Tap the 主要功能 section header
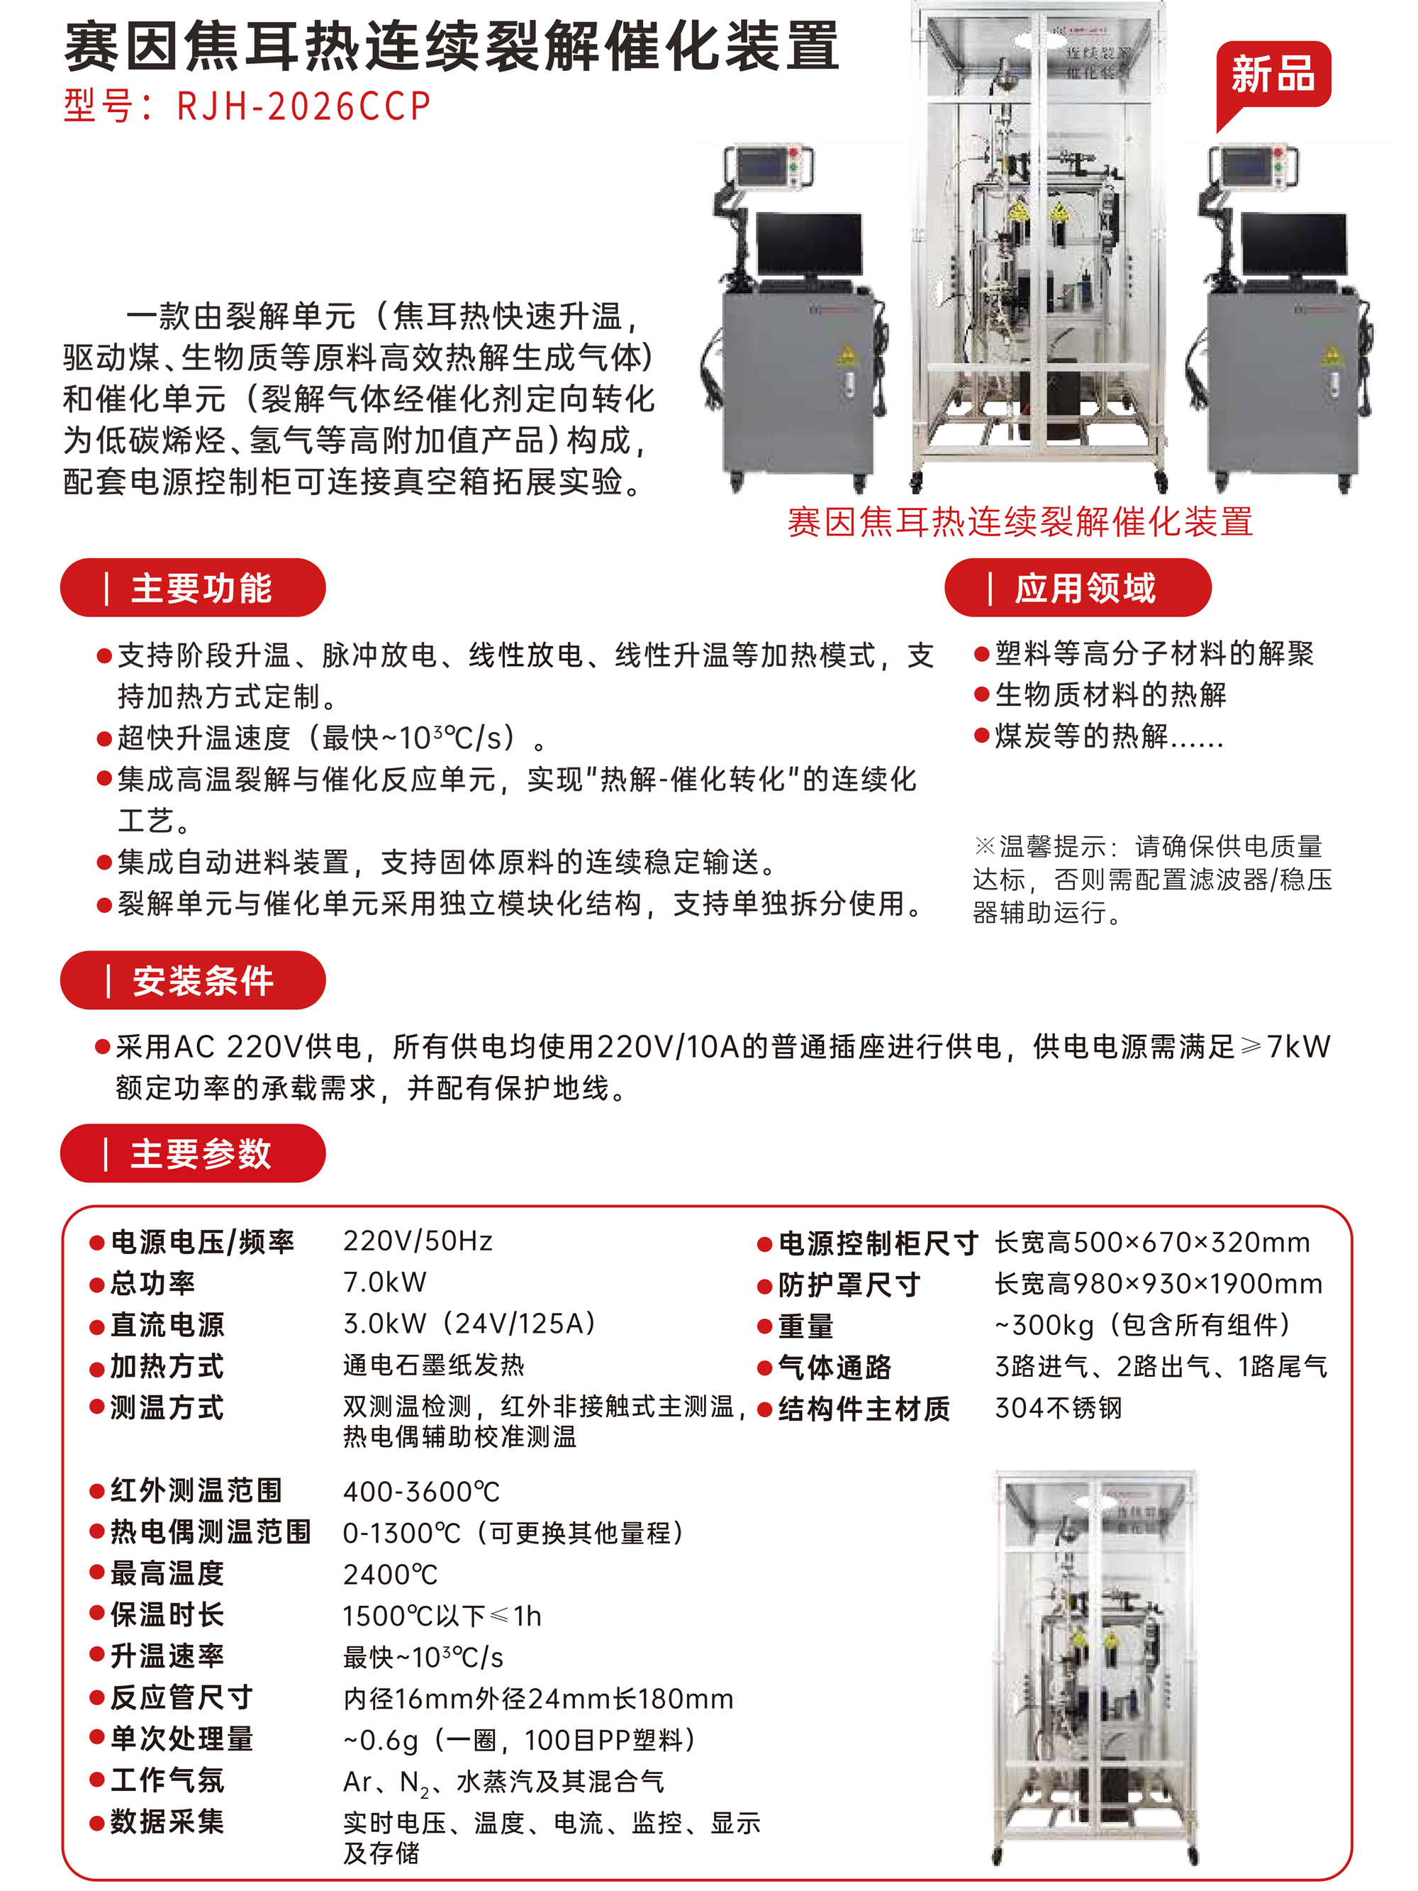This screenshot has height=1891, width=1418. [x=192, y=588]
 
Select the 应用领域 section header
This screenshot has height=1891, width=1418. [x=1078, y=588]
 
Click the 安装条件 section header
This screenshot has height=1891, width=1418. [x=192, y=980]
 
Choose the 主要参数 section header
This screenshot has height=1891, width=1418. [x=192, y=1153]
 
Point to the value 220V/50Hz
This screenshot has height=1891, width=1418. [x=418, y=1241]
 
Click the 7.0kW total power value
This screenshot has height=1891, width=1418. [x=384, y=1282]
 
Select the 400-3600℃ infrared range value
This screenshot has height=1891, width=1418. [x=421, y=1492]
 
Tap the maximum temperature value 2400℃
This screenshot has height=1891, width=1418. [x=391, y=1575]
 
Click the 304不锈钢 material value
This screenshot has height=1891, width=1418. [x=1058, y=1407]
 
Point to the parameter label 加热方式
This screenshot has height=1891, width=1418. [x=167, y=1366]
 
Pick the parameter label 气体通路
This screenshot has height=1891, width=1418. [x=834, y=1367]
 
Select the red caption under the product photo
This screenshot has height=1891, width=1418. [x=1020, y=521]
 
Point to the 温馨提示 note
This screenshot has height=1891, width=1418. [x=1152, y=879]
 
